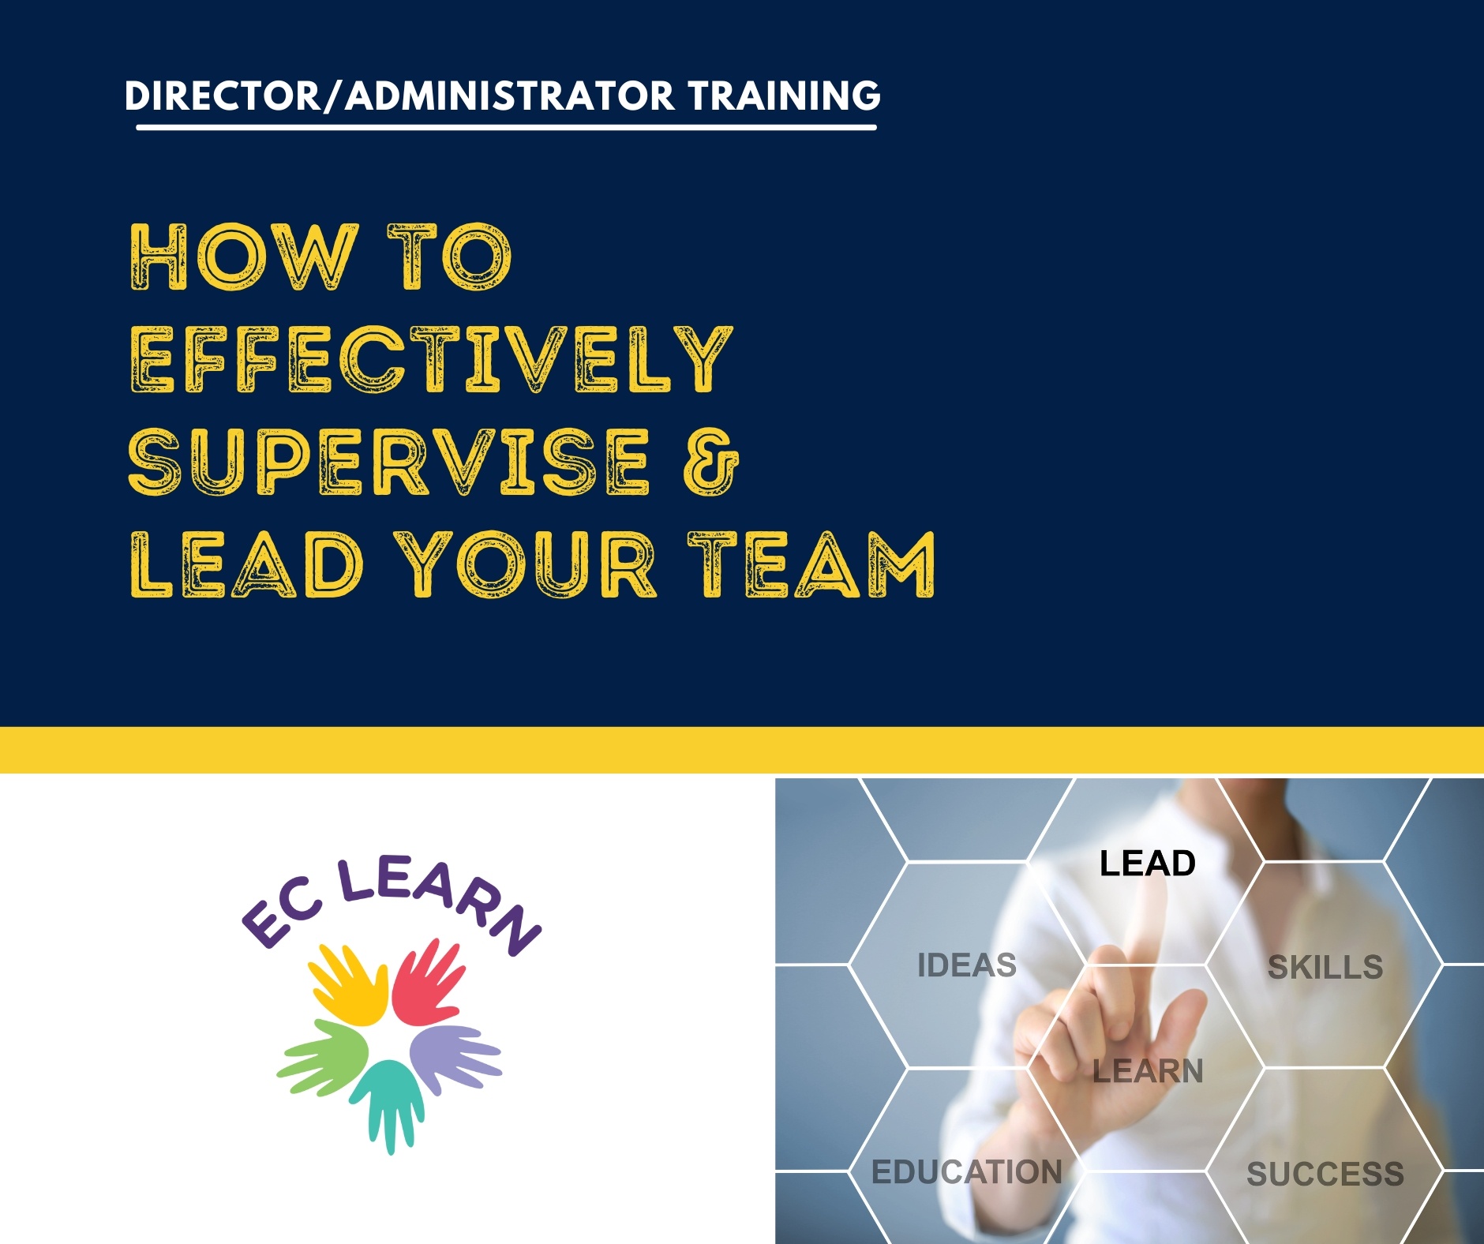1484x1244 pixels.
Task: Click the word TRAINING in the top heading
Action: (784, 96)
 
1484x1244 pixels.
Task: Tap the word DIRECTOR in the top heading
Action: (221, 96)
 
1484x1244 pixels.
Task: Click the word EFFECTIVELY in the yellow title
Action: (432, 359)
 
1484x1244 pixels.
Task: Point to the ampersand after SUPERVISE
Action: (711, 462)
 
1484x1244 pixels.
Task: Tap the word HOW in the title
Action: (242, 257)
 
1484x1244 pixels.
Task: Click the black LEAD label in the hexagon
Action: (1148, 864)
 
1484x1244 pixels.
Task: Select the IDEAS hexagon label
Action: (967, 965)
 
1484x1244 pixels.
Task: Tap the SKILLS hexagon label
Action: (1325, 967)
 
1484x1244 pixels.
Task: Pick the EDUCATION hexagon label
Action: (967, 1172)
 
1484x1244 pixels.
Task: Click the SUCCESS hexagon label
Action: (1325, 1174)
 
